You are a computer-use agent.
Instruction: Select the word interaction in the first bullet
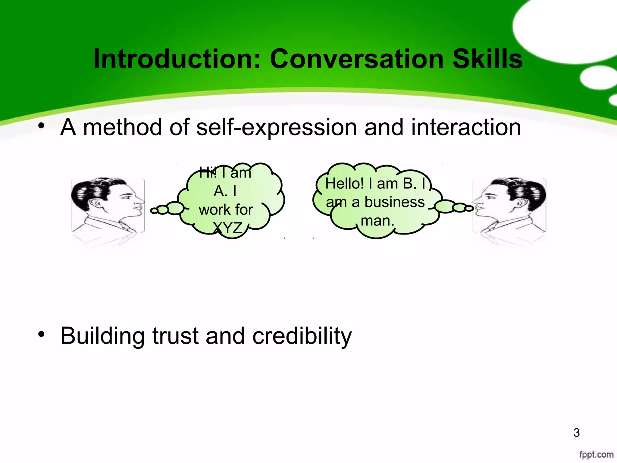click(466, 127)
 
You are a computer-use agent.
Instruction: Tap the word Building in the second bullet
click(102, 336)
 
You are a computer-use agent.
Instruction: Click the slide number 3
click(576, 433)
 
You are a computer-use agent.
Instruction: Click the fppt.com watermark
click(596, 454)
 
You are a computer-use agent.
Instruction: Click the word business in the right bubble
click(394, 202)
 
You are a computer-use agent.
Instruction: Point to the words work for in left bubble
click(226, 210)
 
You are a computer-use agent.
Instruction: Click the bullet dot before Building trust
click(41, 334)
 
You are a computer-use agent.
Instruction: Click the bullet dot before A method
click(41, 126)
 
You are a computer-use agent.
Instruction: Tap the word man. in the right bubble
click(377, 221)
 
